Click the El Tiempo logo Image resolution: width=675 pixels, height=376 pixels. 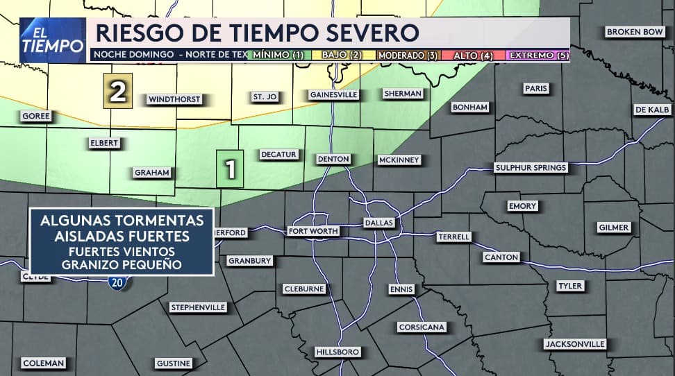click(52, 40)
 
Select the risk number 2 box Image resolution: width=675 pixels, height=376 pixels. click(118, 92)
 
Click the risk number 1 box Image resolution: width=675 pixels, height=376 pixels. click(230, 169)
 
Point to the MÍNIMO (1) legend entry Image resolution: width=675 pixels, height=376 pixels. click(278, 55)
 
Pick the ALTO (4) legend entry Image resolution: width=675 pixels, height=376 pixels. click(474, 55)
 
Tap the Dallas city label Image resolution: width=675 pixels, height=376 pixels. click(379, 223)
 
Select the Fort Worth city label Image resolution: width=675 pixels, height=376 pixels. click(313, 231)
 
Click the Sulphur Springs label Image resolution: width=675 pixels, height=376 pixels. click(531, 168)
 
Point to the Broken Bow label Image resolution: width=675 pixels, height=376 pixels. click(635, 32)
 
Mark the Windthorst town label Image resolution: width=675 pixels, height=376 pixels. click(174, 99)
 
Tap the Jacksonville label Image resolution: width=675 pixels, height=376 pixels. click(575, 344)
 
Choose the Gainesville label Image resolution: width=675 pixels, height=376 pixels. click(333, 94)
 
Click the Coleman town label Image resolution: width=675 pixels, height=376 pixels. click(44, 363)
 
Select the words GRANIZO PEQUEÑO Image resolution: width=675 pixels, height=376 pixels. click(121, 264)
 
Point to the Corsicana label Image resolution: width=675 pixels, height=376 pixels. click(422, 327)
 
